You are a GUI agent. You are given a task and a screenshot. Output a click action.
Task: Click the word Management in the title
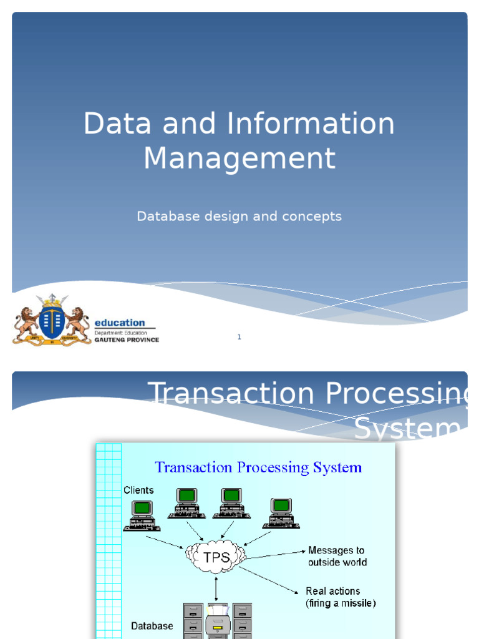[239, 158]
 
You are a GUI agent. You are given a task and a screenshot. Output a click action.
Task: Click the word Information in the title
[310, 124]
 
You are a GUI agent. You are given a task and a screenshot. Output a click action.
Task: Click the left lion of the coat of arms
[26, 323]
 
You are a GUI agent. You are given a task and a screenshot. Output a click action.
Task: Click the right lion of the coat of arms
[77, 323]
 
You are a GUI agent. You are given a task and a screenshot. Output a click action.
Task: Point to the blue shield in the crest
[52, 321]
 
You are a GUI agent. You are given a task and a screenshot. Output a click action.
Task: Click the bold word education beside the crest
[119, 323]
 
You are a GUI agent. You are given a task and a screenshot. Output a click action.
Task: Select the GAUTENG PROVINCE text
[127, 340]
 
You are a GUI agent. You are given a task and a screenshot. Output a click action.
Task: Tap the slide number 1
[239, 337]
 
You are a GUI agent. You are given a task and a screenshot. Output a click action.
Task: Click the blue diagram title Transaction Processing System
[258, 467]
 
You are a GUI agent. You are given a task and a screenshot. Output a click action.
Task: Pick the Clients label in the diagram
[138, 490]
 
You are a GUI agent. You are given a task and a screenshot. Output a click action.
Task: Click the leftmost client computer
[142, 515]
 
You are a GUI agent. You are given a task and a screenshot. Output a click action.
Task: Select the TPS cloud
[215, 555]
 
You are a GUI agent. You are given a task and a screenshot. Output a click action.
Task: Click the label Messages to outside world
[337, 556]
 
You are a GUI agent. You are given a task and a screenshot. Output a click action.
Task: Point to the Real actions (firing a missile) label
[341, 597]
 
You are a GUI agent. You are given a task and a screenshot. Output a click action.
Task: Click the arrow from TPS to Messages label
[275, 554]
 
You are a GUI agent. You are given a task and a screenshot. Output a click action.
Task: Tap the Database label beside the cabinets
[152, 625]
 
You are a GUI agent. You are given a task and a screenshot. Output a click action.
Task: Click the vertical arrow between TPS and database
[216, 588]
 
